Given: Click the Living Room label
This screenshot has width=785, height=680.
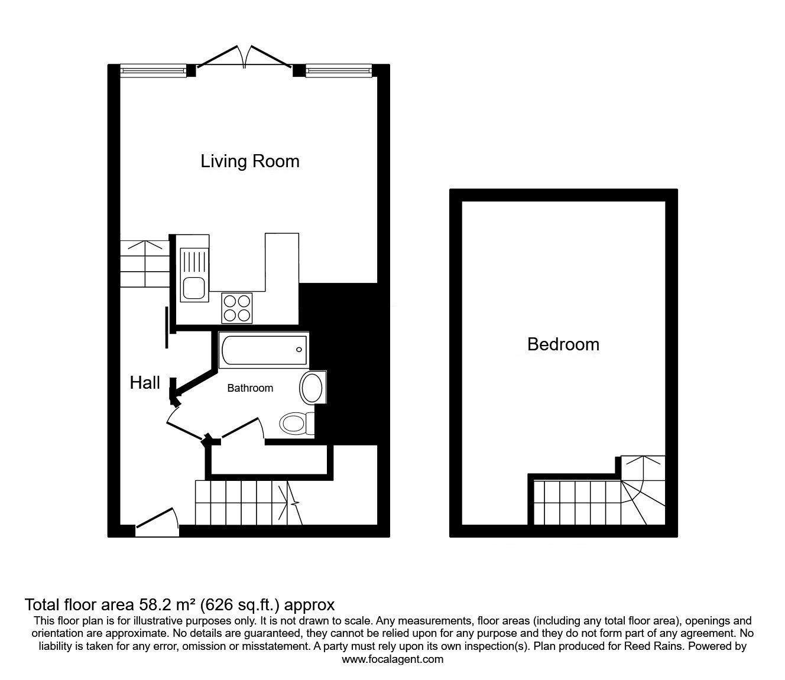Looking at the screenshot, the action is (250, 161).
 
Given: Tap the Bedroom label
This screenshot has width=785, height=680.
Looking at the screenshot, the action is (563, 344).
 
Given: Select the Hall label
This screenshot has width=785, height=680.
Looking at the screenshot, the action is (145, 383).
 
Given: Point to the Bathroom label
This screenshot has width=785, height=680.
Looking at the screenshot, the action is (250, 388).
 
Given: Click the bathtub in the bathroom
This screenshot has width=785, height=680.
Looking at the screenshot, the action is (264, 350).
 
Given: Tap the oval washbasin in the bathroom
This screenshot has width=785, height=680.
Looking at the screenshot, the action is (313, 388).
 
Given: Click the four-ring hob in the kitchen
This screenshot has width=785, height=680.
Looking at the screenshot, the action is (237, 308).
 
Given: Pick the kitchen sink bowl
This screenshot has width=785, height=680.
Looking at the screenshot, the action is (194, 288).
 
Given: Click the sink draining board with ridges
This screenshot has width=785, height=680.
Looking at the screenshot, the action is (194, 262).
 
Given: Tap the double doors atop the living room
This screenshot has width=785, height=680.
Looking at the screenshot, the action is (244, 57).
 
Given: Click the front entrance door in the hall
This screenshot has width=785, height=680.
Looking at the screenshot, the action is (157, 522).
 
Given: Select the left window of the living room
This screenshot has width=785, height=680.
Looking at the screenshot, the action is (154, 70).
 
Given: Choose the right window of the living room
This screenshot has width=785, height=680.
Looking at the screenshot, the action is (339, 70).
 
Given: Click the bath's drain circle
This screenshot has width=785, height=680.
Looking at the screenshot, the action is (299, 350).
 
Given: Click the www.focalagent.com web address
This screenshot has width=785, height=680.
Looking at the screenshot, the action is (392, 659).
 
